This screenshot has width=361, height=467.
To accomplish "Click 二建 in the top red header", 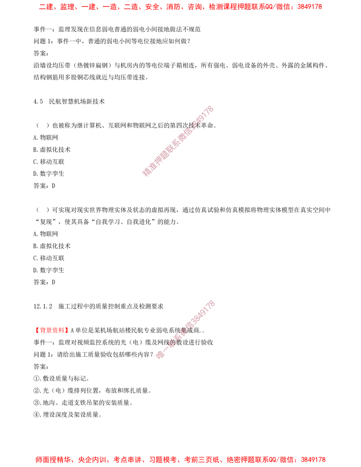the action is [45, 7].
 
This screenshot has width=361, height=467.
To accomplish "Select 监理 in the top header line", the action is [67, 7].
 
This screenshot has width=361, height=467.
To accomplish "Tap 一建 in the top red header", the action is [88, 7].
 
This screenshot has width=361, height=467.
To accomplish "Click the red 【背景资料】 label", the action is [52, 330].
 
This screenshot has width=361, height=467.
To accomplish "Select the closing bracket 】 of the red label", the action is [67, 330].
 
